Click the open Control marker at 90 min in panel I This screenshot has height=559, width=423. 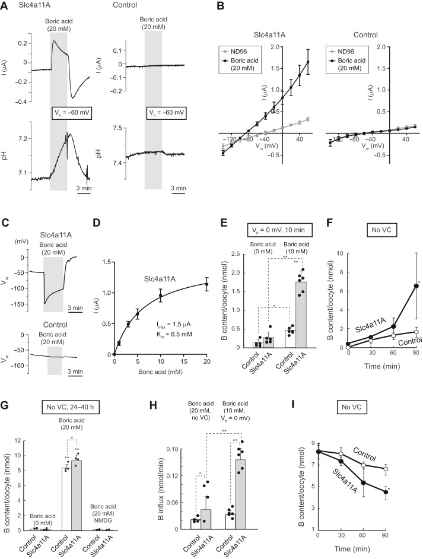tap(403, 469)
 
